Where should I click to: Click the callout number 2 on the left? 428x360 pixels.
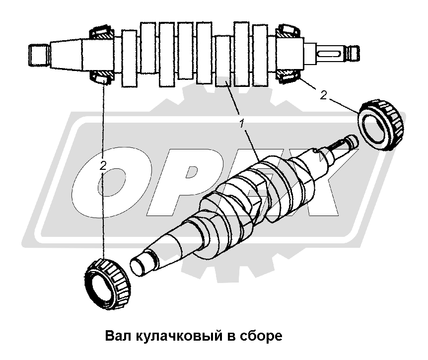(103, 166)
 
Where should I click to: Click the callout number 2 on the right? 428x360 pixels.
(323, 95)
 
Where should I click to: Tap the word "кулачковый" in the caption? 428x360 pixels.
(178, 336)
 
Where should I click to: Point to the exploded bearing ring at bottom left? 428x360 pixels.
(107, 285)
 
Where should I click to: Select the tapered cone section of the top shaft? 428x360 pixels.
(66, 55)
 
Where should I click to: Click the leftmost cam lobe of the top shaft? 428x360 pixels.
(130, 59)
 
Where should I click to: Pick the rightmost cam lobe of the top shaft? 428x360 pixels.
(260, 56)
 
